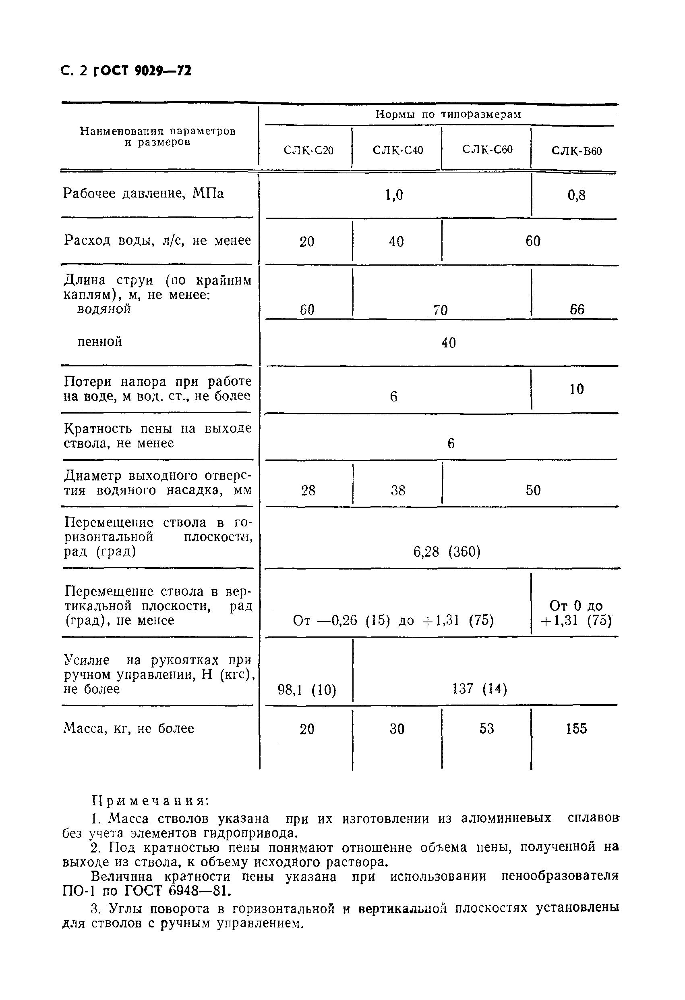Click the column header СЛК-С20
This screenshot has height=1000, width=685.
click(308, 151)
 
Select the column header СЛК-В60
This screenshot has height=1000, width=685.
click(576, 151)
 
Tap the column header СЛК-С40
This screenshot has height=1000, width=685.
click(398, 150)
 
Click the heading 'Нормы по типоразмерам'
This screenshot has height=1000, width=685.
click(448, 114)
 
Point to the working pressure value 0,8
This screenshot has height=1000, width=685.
click(576, 195)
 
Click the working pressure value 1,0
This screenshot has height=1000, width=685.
click(394, 195)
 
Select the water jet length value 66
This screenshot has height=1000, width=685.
click(577, 310)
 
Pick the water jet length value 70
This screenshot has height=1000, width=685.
click(440, 310)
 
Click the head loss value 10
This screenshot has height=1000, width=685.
click(576, 389)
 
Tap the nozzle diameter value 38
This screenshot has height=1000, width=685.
click(398, 490)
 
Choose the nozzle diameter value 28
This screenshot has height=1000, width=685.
click(308, 490)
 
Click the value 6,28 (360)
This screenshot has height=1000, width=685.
click(447, 552)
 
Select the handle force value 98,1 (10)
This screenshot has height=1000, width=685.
click(306, 690)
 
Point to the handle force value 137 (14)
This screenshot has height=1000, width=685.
click(480, 689)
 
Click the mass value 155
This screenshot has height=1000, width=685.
click(576, 728)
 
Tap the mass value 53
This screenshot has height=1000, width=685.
click(486, 728)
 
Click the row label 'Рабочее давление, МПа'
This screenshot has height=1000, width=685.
click(143, 193)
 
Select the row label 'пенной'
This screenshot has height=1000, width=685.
click(100, 342)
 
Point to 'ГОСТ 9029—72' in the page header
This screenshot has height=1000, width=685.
click(142, 71)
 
